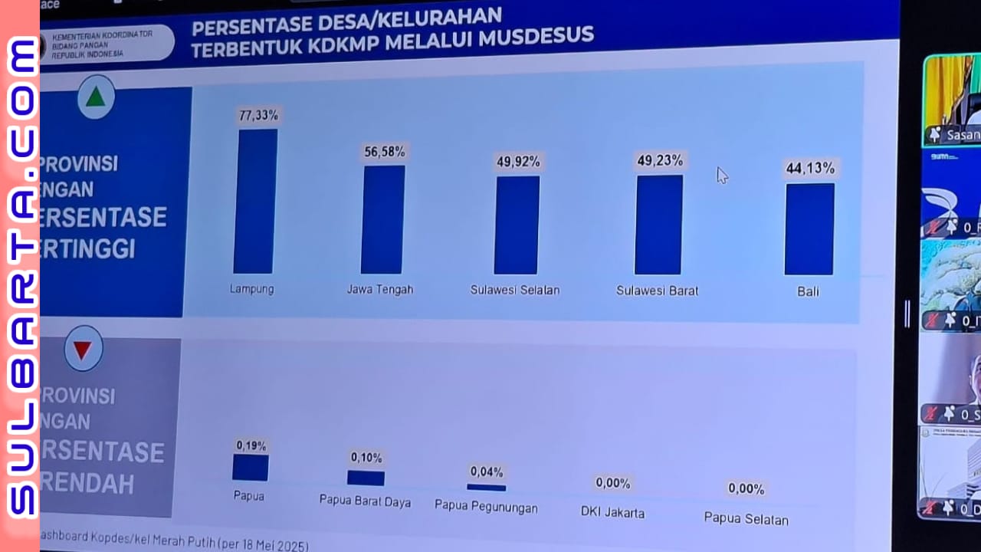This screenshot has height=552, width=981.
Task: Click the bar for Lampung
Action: [255, 201]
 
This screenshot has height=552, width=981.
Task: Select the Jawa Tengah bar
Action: [382, 219]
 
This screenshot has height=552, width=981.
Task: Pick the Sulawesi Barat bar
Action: [658, 225]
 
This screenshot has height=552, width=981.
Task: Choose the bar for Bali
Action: [809, 228]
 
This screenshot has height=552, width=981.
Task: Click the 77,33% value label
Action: [258, 116]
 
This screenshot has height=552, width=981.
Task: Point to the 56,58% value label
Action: [385, 152]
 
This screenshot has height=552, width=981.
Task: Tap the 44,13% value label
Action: [810, 168]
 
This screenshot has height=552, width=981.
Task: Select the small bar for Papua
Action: [251, 468]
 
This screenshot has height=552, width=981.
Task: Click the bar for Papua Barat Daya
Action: [366, 478]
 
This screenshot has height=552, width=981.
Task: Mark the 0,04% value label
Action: [487, 472]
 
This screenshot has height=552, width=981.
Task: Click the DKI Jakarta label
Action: [612, 512]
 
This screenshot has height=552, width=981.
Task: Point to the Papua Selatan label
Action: [746, 519]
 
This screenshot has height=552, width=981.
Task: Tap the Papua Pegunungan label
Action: [486, 508]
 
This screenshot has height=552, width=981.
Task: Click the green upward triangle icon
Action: [95, 97]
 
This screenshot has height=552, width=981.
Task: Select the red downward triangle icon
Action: [83, 350]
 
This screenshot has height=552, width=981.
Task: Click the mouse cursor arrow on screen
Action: [721, 176]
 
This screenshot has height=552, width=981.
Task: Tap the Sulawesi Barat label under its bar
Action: [657, 291]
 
